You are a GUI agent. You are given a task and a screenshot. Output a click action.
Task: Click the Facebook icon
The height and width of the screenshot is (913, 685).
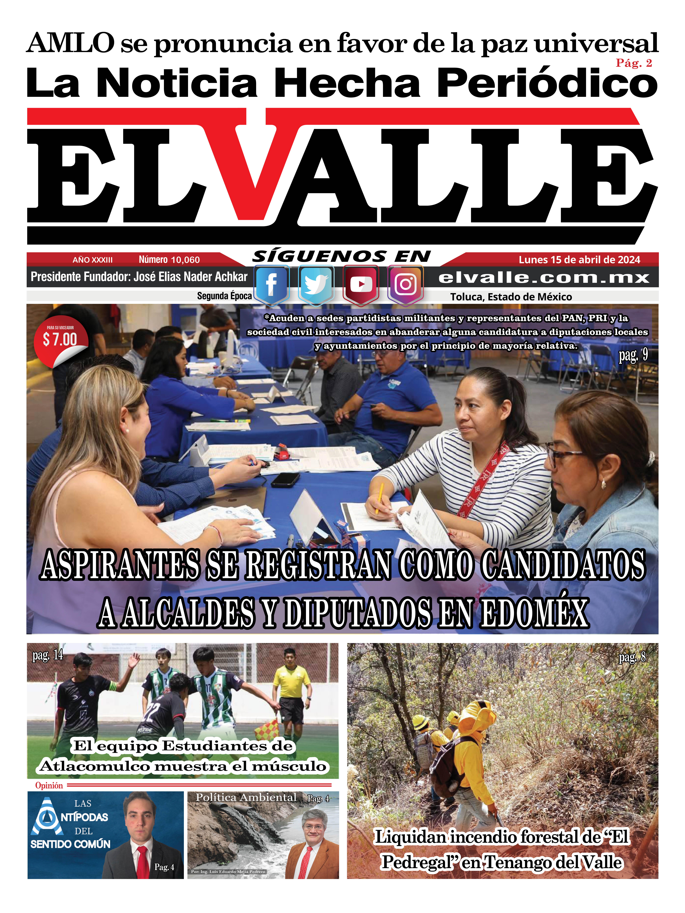pos(271,284)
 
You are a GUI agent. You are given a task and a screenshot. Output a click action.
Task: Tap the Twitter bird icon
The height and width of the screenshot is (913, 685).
pos(315,284)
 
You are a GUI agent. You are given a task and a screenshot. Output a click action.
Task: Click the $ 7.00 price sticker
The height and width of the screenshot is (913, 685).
pos(60,339)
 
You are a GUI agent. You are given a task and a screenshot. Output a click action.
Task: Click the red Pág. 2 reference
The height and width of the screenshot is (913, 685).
pos(633,63)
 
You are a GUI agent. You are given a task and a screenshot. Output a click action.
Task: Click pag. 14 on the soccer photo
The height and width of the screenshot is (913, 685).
pos(48,655)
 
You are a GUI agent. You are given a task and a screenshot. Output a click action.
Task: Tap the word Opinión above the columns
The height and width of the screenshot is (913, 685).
pos(49,785)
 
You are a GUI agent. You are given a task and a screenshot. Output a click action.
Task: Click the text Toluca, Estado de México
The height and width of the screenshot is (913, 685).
pos(511,297)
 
